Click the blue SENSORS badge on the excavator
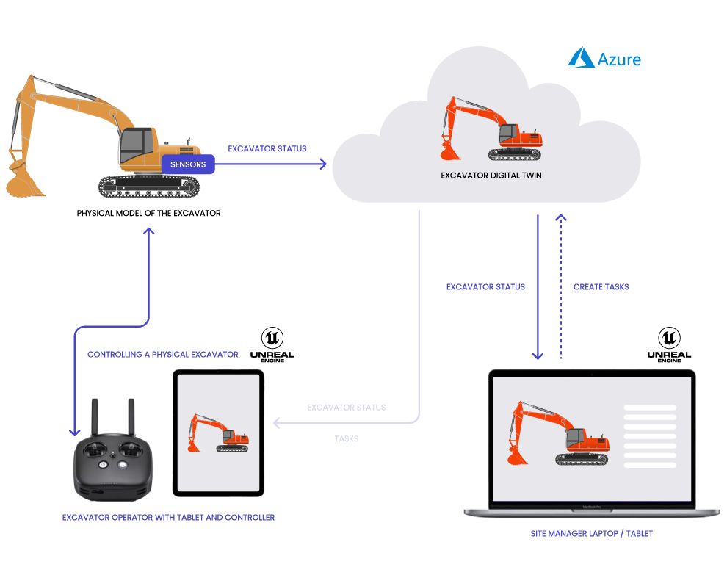[x=188, y=164]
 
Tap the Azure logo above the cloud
[x=604, y=59]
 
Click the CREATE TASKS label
[x=601, y=287]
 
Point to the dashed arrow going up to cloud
[x=561, y=294]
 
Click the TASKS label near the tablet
[x=346, y=439]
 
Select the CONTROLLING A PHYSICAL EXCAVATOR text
[x=162, y=355]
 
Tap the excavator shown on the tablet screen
[x=217, y=433]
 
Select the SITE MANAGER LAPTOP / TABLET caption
[x=591, y=534]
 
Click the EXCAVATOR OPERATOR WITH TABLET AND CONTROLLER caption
[x=168, y=518]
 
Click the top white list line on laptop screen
[x=649, y=408]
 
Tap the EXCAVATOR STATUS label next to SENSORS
[x=267, y=149]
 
